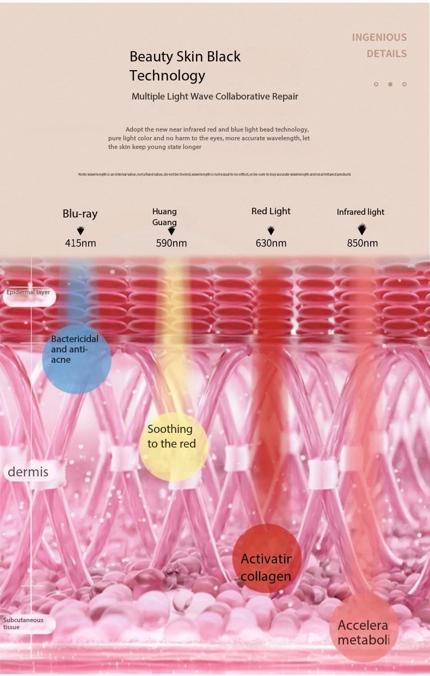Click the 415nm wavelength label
click(x=81, y=243)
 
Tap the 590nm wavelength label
click(x=171, y=243)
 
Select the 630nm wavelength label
click(x=271, y=243)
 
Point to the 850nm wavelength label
click(x=363, y=243)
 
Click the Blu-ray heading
click(x=80, y=214)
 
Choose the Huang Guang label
click(x=164, y=216)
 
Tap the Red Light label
click(x=271, y=211)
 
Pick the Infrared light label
click(x=360, y=212)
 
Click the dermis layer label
click(x=28, y=472)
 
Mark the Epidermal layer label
click(x=28, y=293)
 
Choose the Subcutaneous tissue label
click(x=23, y=623)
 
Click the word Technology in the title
click(x=167, y=76)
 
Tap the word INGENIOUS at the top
click(x=379, y=38)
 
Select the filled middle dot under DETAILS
click(x=390, y=84)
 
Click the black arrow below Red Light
click(x=271, y=231)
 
